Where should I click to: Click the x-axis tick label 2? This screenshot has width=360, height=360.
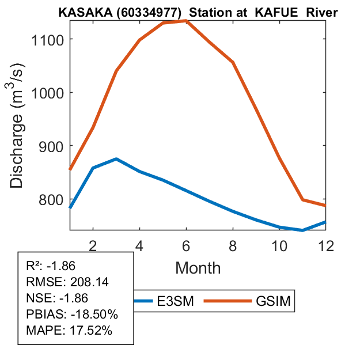click(x=93, y=246)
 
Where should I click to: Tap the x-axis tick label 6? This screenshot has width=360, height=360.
click(x=187, y=246)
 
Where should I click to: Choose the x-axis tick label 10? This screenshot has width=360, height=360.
click(x=280, y=246)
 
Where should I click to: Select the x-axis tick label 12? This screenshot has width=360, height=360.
click(x=327, y=246)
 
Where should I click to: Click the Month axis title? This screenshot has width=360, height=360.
click(x=198, y=268)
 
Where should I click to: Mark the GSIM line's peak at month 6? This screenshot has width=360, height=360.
click(x=187, y=21)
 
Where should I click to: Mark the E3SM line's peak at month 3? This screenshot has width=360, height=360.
click(x=116, y=159)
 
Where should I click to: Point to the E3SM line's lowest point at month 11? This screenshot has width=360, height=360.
click(x=303, y=230)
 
